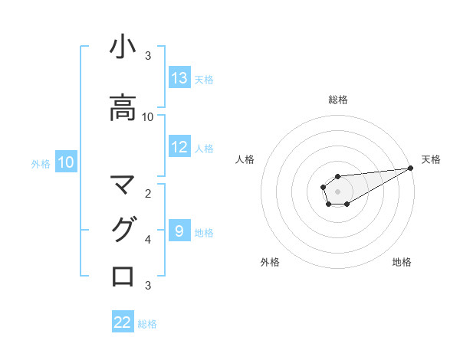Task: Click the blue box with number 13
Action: tap(179, 78)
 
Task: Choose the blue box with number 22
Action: tap(123, 322)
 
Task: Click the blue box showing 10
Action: tap(65, 162)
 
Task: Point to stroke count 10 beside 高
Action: tap(148, 117)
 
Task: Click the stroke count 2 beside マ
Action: tap(148, 193)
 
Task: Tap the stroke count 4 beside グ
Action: tap(148, 240)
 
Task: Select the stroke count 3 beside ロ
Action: tap(148, 286)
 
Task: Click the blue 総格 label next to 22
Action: tap(147, 324)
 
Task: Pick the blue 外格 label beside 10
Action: tap(41, 163)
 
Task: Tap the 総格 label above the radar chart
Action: tap(338, 100)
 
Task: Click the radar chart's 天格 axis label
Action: tap(431, 159)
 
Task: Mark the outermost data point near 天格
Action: tap(411, 168)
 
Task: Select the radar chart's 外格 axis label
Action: tap(270, 262)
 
